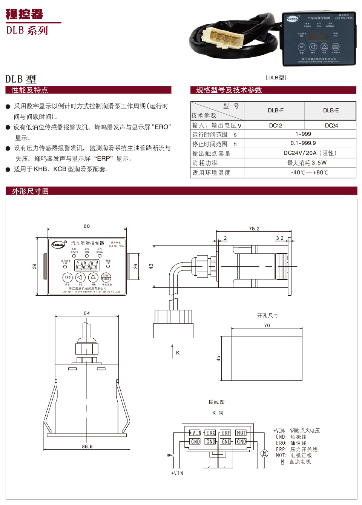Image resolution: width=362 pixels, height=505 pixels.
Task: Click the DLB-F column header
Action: pos(275,111)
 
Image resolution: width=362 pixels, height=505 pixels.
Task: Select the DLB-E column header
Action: pos(331,111)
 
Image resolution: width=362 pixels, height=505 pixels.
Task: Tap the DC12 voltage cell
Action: pos(275,126)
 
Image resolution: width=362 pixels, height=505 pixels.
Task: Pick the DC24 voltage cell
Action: pos(331,126)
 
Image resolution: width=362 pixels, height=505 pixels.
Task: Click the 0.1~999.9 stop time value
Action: pos(303,143)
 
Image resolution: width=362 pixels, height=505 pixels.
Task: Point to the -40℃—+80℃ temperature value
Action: pos(309,172)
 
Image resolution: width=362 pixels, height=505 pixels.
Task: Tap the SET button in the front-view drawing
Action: pos(67,278)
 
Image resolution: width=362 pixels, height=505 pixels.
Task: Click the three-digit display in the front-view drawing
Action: pos(87,265)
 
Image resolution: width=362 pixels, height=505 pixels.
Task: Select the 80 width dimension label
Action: pos(87,226)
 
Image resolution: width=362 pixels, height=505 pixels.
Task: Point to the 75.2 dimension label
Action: pos(254,229)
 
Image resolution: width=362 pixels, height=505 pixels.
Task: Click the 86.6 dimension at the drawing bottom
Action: pos(87,447)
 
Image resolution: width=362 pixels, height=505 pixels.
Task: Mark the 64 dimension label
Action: pos(87,313)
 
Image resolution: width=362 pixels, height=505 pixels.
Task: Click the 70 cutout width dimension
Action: pos(267,325)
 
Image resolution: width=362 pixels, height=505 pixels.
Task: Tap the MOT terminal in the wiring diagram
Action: pos(241,433)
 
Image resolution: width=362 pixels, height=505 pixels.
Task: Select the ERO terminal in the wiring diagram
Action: pos(211,433)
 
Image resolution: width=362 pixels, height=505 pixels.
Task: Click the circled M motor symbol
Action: pos(264,453)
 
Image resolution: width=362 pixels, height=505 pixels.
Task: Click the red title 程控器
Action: pos(25,14)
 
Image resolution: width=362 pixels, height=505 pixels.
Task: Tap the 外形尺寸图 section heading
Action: pos(31,191)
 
